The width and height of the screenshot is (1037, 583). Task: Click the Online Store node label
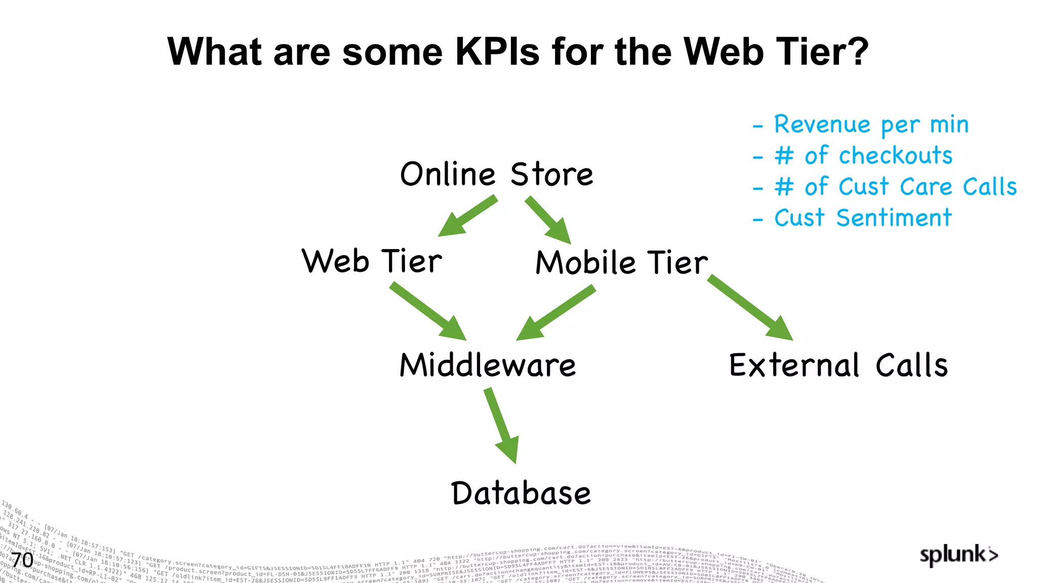[x=496, y=174]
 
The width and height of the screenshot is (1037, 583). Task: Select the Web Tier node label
[x=372, y=261]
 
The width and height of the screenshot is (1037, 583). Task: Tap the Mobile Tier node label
[x=622, y=263]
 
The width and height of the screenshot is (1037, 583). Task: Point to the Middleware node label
[x=488, y=365]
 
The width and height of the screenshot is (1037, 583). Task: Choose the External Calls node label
[x=838, y=365]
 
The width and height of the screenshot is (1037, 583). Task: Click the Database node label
[x=521, y=493]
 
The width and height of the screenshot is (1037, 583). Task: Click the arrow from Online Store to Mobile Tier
[x=548, y=220]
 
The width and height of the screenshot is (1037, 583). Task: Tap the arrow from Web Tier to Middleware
[x=427, y=311]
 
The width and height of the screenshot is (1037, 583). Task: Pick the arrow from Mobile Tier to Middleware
[x=555, y=312]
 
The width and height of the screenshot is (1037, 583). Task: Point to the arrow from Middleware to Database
[x=501, y=425]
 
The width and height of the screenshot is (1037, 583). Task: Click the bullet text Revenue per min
[x=871, y=124]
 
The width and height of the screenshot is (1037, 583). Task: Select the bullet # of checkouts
[x=863, y=155]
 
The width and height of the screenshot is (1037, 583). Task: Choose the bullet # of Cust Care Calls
[x=895, y=187]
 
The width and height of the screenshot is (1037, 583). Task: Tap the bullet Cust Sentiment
[x=863, y=218]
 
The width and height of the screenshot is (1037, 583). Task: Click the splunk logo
[x=959, y=555]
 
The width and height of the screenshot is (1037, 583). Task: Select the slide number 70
[x=22, y=560]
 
